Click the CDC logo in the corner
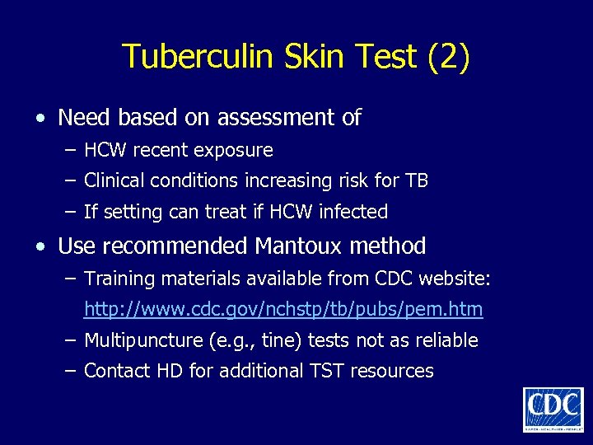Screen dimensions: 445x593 (553, 409)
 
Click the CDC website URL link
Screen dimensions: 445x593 (283, 310)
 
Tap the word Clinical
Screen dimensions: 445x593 (114, 180)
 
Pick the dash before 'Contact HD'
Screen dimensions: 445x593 (69, 371)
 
